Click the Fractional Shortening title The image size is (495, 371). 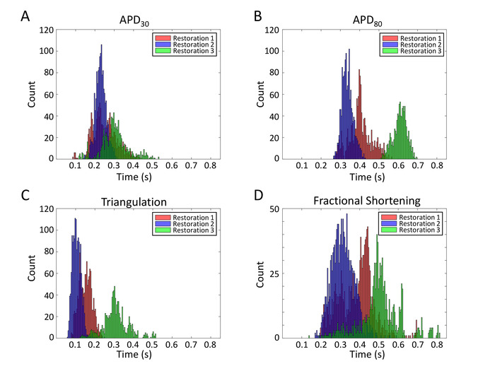pyautogui.click(x=366, y=201)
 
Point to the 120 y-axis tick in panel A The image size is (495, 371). pyautogui.click(x=45, y=30)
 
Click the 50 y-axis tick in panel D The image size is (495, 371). pyautogui.click(x=281, y=210)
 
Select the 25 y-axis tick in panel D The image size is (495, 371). pyautogui.click(x=281, y=273)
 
